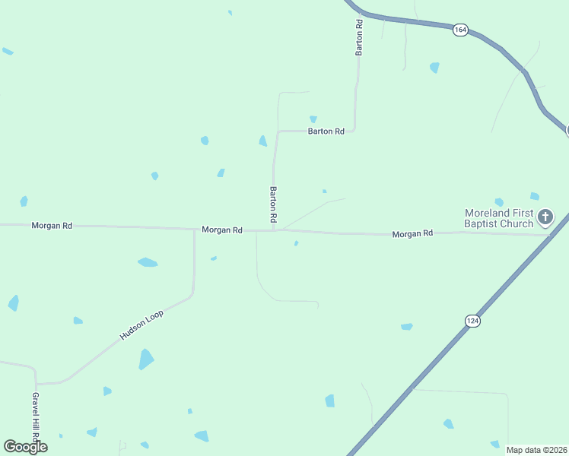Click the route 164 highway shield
459,30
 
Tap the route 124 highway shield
472,321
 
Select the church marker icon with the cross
545,218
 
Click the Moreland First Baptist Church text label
499,218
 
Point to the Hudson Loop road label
141,325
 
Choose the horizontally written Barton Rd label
326,131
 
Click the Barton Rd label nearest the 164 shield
359,38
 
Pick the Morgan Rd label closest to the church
412,234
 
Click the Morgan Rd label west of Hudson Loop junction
52,226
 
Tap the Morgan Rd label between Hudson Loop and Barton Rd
222,230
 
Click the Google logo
26,446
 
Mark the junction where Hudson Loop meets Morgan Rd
194,228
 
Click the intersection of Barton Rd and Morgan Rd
273,230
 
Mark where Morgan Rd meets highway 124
551,235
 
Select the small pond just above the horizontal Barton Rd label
313,119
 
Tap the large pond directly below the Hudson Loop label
145,359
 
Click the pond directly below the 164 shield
434,68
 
